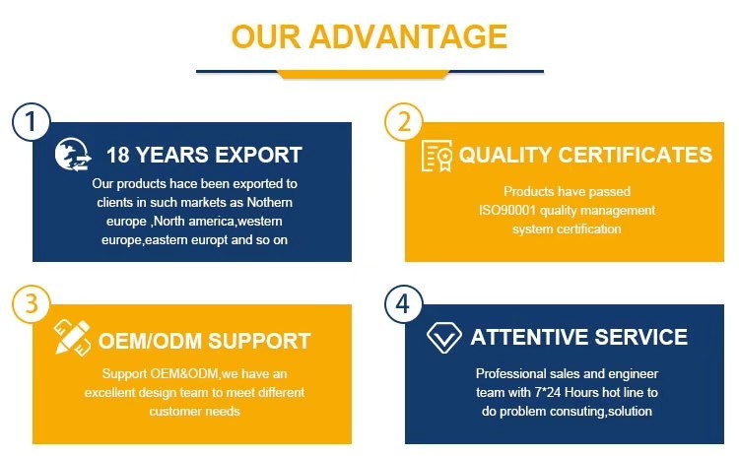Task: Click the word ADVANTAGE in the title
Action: pos(408,36)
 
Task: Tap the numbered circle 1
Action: pos(32,121)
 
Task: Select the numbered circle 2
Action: pos(404,121)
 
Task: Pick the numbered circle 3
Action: pos(32,304)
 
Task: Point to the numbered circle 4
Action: pos(403,304)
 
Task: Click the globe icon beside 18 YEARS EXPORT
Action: pos(73,155)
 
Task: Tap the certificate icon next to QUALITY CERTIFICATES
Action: pos(437,156)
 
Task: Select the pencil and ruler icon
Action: pos(72,337)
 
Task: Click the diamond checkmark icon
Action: pos(443,338)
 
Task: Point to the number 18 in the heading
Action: pos(118,155)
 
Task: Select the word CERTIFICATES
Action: pos(636,155)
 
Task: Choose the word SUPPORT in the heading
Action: pos(259,341)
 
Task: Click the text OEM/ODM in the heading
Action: pos(150,341)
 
